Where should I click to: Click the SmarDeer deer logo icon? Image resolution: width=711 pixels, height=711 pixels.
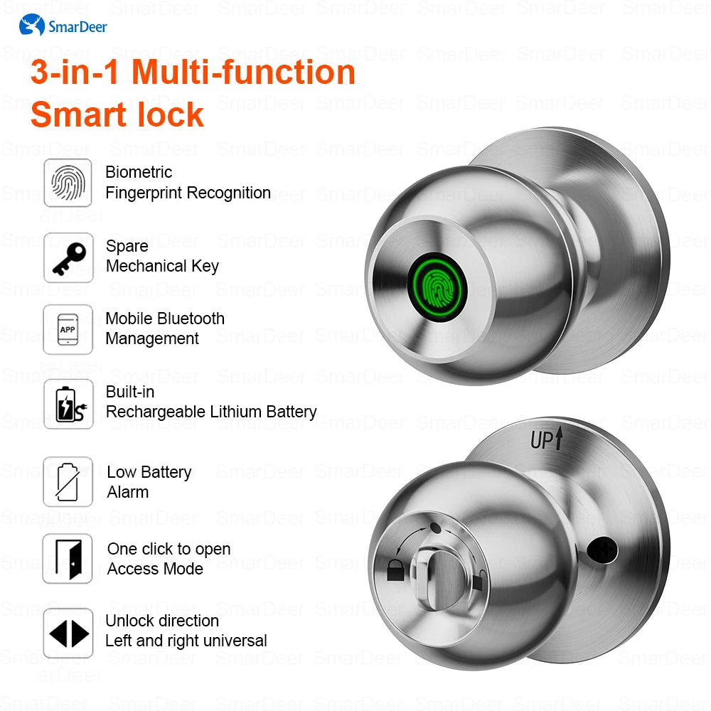click(32, 25)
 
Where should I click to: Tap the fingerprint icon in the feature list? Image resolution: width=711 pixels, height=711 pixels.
click(68, 183)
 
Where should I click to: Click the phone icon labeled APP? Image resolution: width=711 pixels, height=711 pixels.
click(68, 330)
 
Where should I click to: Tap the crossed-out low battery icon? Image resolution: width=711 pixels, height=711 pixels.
click(68, 481)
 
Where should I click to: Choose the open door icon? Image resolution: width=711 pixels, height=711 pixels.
click(68, 559)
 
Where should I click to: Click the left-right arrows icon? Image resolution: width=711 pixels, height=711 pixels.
click(68, 634)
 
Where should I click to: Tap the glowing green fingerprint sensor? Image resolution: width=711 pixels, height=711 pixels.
click(437, 287)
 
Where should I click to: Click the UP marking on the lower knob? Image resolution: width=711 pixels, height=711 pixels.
click(546, 439)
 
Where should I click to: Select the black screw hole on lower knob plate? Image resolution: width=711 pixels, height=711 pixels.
click(602, 550)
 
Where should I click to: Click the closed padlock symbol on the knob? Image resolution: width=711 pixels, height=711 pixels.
click(395, 571)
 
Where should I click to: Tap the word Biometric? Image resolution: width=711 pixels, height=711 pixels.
click(139, 172)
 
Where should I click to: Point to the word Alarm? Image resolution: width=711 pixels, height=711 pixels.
click(128, 492)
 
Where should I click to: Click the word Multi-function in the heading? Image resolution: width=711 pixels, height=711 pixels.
click(243, 73)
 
